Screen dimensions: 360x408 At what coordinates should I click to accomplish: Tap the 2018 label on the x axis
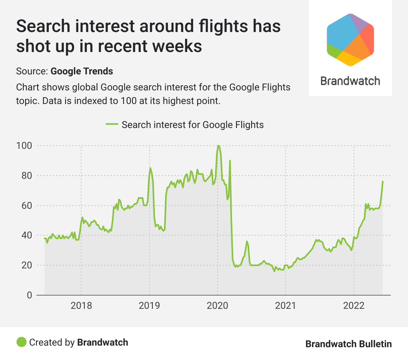coord(81,306)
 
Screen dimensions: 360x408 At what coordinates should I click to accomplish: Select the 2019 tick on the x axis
coord(150,306)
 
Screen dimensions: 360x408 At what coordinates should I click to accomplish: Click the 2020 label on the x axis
coord(218,306)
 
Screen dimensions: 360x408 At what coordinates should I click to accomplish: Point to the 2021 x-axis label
coord(286,306)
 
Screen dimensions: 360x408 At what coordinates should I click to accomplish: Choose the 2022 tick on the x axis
coord(354,306)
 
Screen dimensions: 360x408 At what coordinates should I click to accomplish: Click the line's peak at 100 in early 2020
coord(218,146)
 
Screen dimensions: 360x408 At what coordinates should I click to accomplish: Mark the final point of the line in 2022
coord(382,182)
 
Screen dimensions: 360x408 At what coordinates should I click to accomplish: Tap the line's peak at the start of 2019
coord(150,168)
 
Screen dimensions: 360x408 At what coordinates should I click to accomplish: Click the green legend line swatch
coord(112,124)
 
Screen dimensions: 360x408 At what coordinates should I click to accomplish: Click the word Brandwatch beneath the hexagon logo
coord(350,81)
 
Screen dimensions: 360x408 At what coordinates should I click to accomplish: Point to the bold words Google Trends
coord(82,72)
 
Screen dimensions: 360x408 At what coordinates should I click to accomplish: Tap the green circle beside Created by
coord(21,342)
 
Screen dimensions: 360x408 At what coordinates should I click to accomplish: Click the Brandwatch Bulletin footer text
coord(348,344)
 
